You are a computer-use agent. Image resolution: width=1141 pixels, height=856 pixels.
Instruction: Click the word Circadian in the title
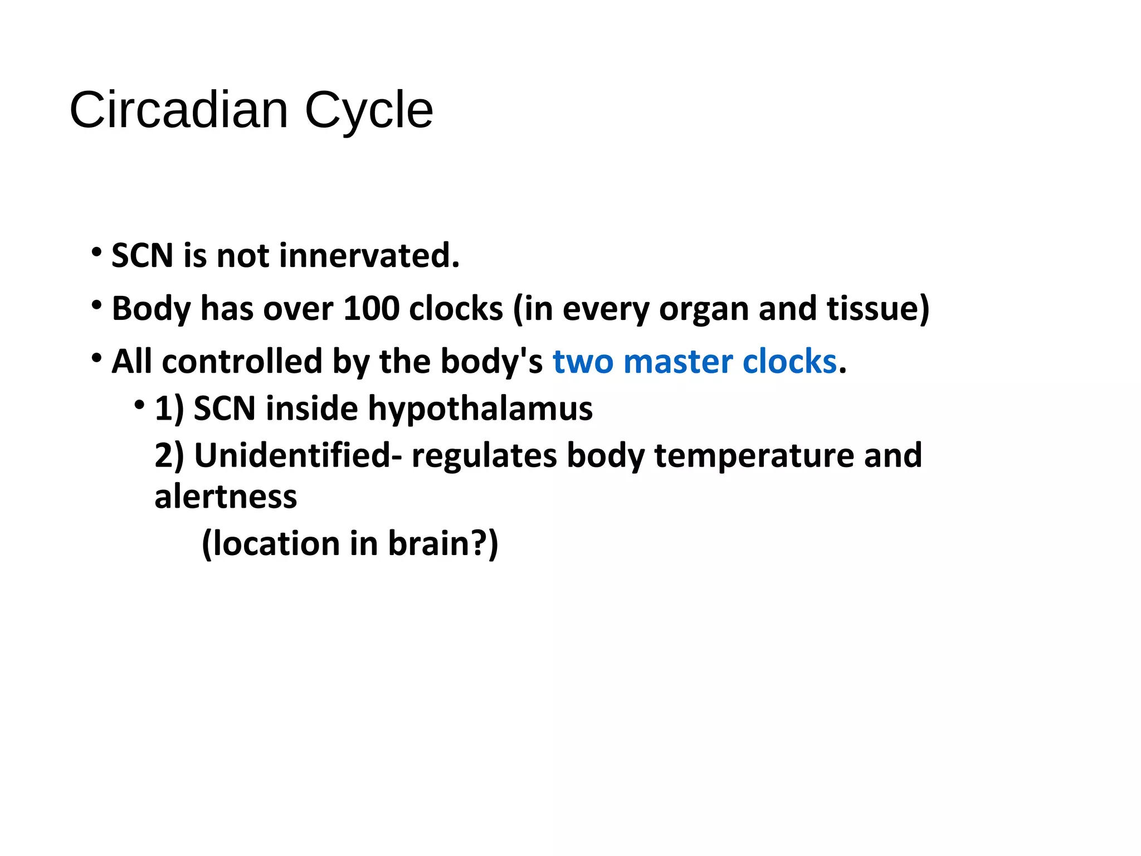coord(179,110)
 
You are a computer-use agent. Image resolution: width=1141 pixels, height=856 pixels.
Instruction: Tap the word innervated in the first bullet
coord(369,255)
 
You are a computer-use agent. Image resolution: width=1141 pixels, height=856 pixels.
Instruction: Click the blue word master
coord(678,362)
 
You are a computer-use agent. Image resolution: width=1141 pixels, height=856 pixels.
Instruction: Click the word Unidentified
coord(292,455)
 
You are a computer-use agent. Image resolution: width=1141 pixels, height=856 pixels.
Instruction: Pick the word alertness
coord(226,497)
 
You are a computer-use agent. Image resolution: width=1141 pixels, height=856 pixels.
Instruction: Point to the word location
coord(276,543)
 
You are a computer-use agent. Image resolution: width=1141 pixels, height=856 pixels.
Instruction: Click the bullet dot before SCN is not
coord(97,252)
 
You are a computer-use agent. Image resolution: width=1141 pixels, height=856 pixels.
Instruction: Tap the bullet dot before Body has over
coord(97,305)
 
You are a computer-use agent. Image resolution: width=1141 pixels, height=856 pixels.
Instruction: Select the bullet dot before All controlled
coord(97,358)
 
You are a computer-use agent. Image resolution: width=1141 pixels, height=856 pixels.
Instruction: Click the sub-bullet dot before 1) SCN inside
coord(139,405)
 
